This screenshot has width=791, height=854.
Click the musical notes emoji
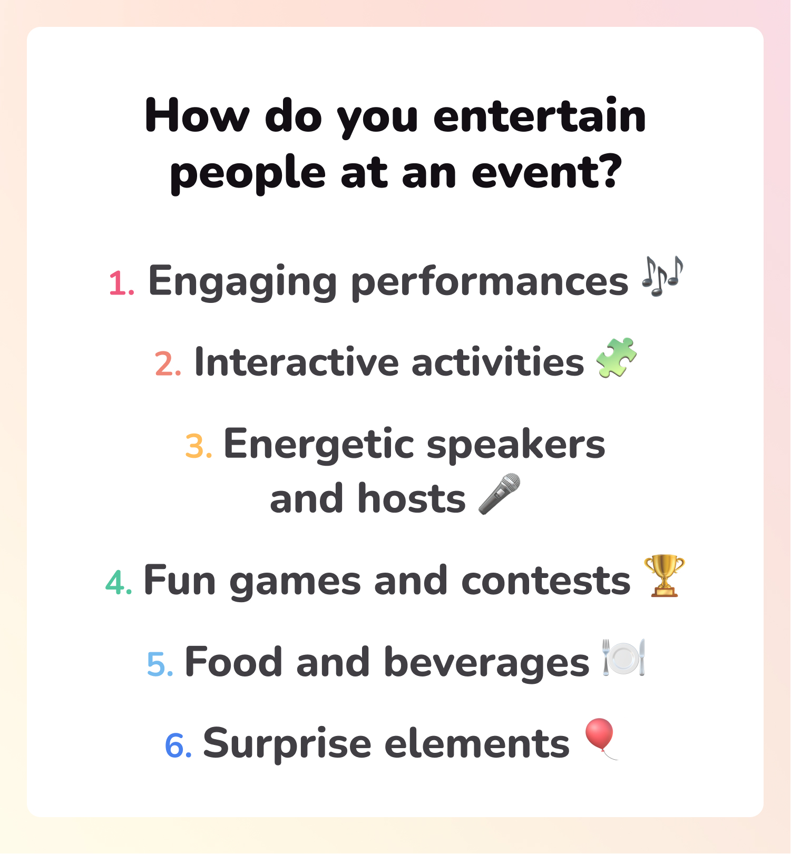(662, 277)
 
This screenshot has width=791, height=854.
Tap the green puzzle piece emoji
(616, 358)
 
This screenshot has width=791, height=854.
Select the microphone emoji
(499, 494)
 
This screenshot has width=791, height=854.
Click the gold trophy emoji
(664, 575)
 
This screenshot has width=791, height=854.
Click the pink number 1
(120, 283)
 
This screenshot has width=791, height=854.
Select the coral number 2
(168, 364)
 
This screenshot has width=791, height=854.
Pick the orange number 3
(198, 446)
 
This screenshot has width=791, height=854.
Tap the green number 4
(118, 583)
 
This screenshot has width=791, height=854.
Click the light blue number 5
(160, 664)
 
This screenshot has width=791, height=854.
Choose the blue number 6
(178, 745)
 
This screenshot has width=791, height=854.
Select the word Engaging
(242, 282)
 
